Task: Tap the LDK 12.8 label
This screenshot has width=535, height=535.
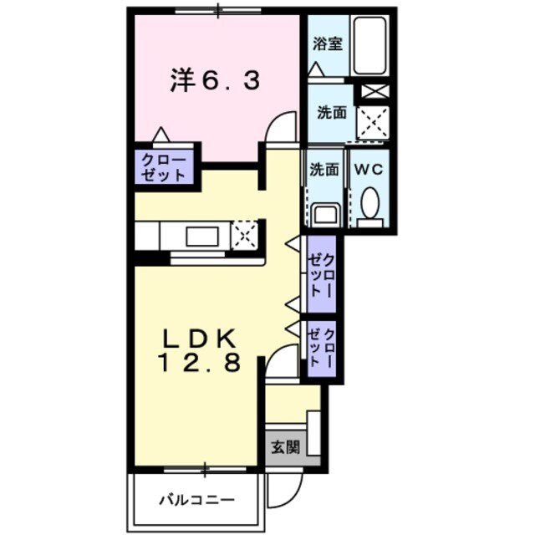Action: pyautogui.click(x=201, y=351)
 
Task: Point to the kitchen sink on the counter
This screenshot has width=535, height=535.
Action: pyautogui.click(x=202, y=236)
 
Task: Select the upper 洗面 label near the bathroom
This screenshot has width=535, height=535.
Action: pyautogui.click(x=331, y=112)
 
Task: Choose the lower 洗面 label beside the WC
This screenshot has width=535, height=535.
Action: pyautogui.click(x=324, y=169)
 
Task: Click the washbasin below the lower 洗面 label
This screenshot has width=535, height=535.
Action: pyautogui.click(x=324, y=215)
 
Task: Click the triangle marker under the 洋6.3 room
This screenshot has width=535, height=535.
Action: pyautogui.click(x=161, y=134)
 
